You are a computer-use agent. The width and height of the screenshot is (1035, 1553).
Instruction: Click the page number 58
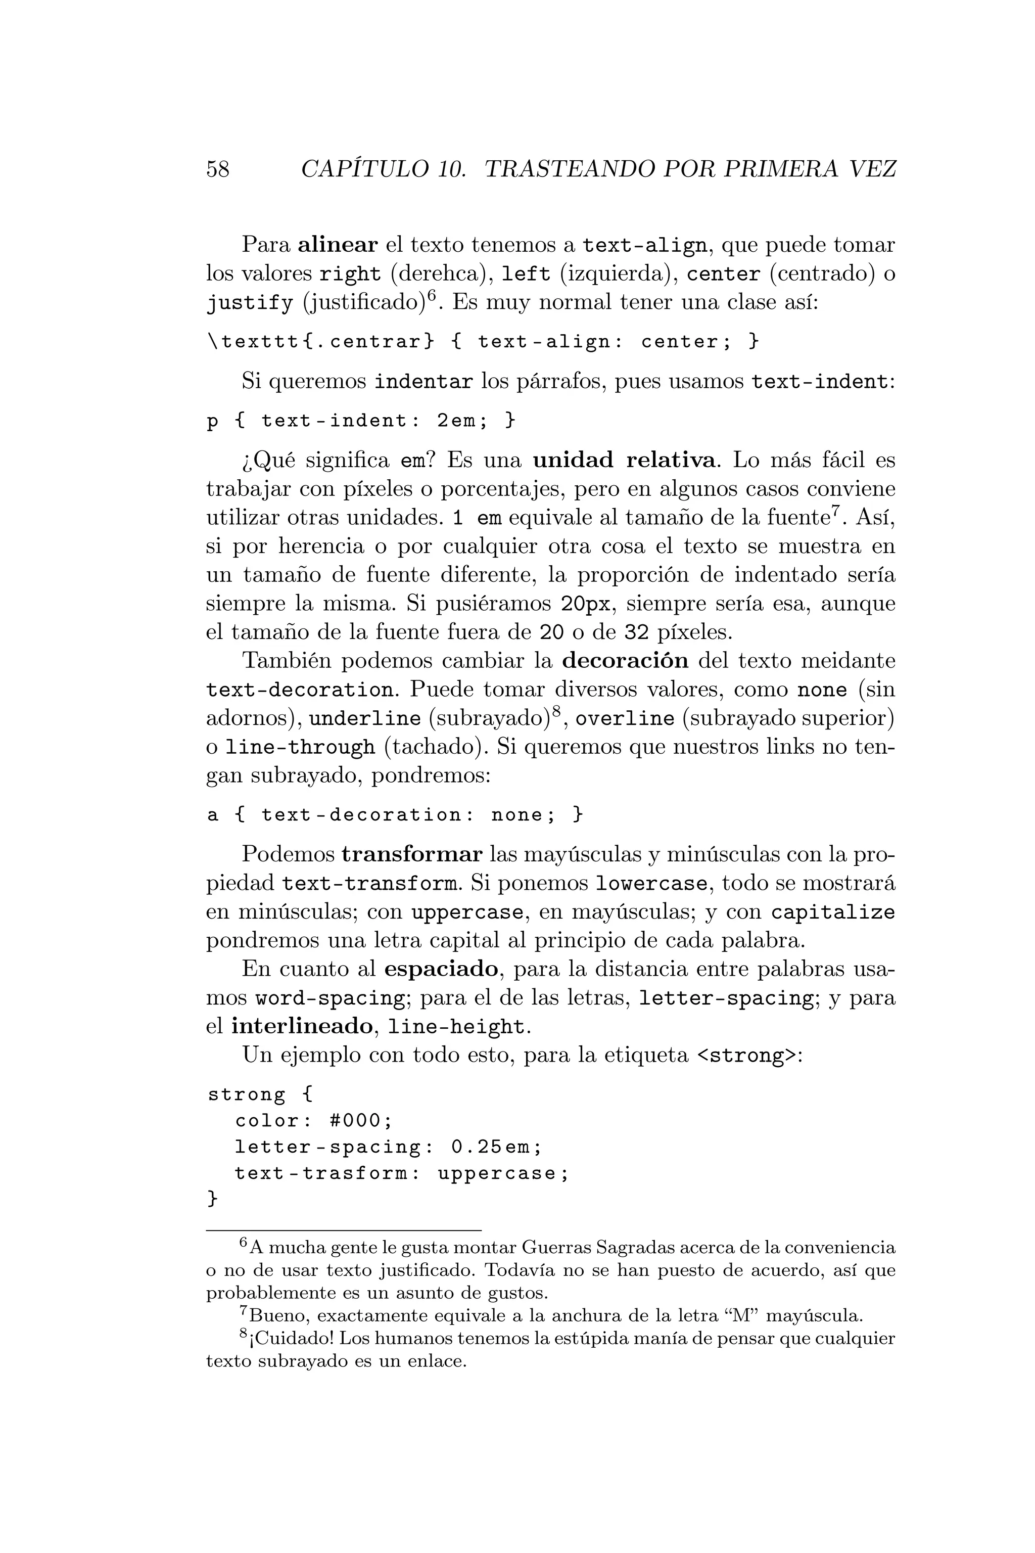pyautogui.click(x=218, y=169)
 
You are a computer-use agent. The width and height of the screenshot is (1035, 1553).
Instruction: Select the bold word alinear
pyautogui.click(x=337, y=245)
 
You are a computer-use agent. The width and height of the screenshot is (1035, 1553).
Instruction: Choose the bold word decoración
pyautogui.click(x=625, y=660)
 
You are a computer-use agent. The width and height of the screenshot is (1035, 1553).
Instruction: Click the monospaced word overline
pyautogui.click(x=625, y=718)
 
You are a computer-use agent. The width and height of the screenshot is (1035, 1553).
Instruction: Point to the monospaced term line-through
pyautogui.click(x=300, y=748)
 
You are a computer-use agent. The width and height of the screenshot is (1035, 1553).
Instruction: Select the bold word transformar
pyautogui.click(x=412, y=854)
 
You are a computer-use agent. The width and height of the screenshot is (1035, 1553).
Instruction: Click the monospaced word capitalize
pyautogui.click(x=833, y=912)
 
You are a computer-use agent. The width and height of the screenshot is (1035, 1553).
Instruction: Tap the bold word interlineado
pyautogui.click(x=302, y=1027)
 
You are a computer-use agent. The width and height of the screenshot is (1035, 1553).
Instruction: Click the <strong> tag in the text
pyautogui.click(x=746, y=1056)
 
